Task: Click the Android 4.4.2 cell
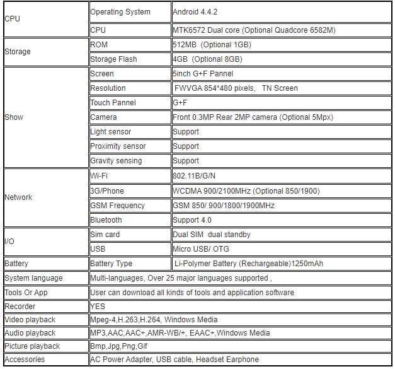point(195,11)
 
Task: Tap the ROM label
point(99,45)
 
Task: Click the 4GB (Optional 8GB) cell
point(207,59)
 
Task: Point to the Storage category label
point(17,52)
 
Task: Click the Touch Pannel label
point(113,103)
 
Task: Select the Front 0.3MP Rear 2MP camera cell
point(253,117)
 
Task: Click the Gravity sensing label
point(116,161)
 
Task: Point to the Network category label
point(18,197)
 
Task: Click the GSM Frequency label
point(117,206)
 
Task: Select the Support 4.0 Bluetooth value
point(192,220)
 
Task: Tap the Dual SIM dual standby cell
point(212,235)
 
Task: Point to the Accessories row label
point(25,360)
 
